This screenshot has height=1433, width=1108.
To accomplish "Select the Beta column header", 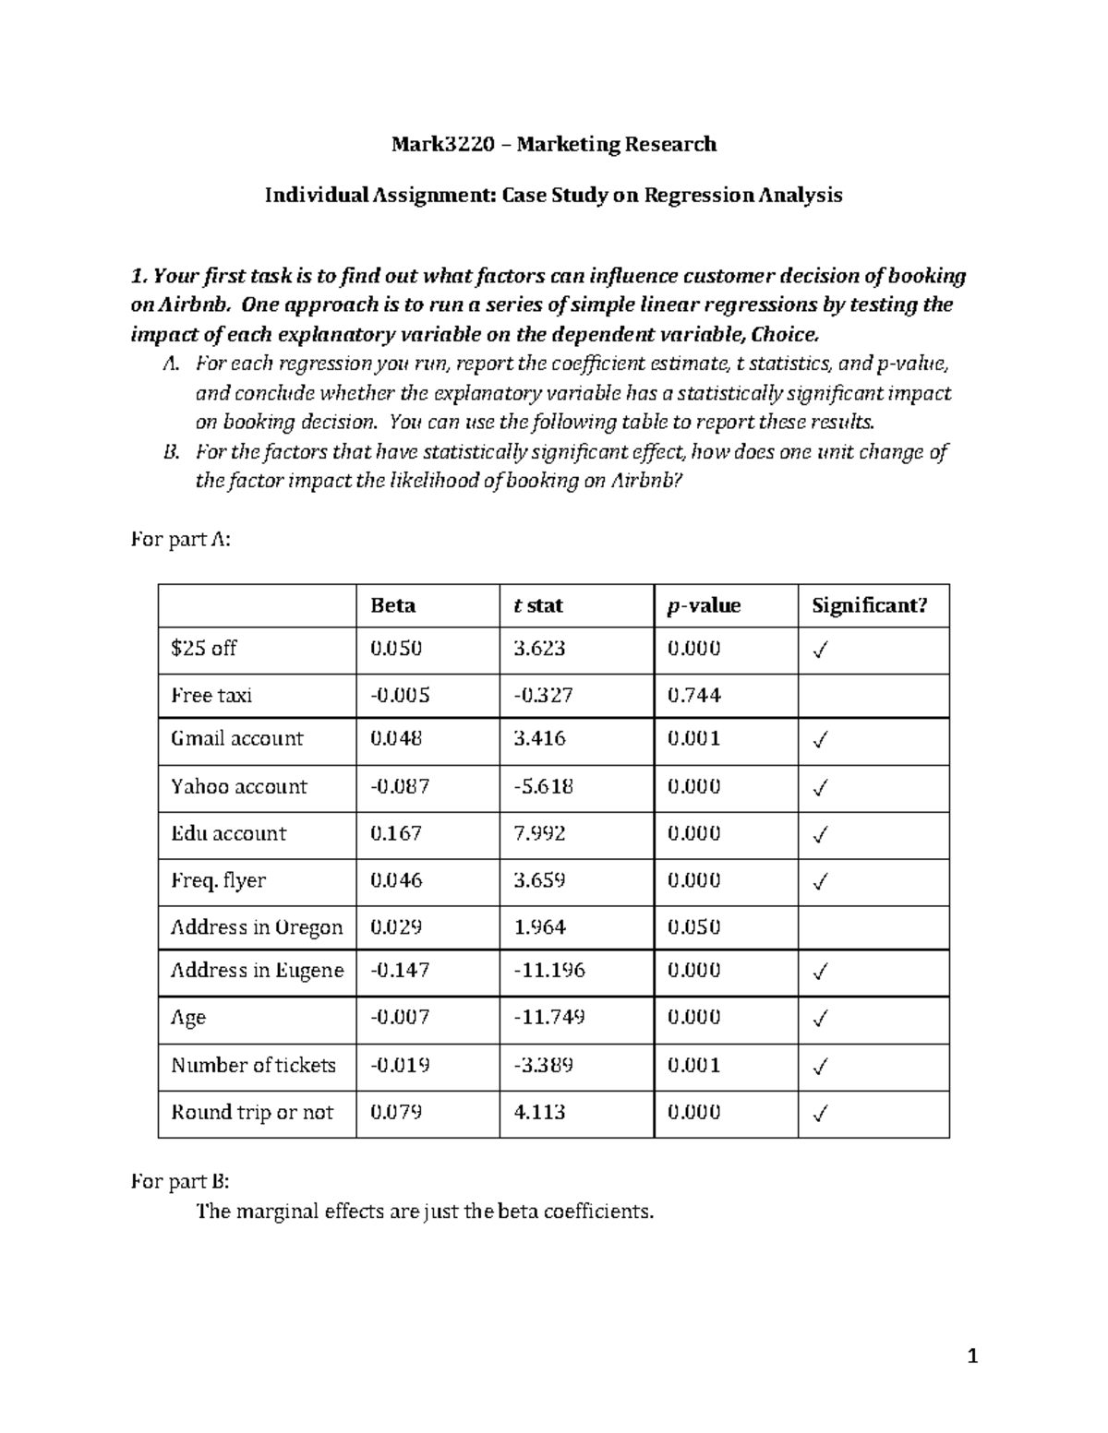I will tap(392, 605).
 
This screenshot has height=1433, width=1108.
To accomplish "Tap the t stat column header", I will tap(537, 605).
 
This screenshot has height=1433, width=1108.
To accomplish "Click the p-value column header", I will tap(704, 605).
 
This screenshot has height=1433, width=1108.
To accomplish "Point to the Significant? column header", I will tap(868, 605).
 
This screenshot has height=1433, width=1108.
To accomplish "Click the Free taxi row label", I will tap(211, 695).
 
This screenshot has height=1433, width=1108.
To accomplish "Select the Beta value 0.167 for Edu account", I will tap(396, 833).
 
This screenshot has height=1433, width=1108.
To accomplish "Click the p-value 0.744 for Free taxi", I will tap(693, 695).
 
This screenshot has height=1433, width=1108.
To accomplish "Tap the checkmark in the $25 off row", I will tap(819, 651).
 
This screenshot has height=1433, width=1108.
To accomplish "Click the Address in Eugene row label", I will tap(257, 970).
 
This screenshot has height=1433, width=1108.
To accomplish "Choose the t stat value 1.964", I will tap(539, 926).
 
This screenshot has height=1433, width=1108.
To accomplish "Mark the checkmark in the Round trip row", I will tap(819, 1114).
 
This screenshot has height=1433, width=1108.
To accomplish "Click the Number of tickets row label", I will tap(253, 1065).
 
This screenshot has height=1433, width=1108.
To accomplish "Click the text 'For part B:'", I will tap(180, 1181).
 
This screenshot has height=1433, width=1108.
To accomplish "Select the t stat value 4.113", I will tap(539, 1112).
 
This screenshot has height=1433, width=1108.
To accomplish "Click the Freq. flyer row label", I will tap(218, 880).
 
